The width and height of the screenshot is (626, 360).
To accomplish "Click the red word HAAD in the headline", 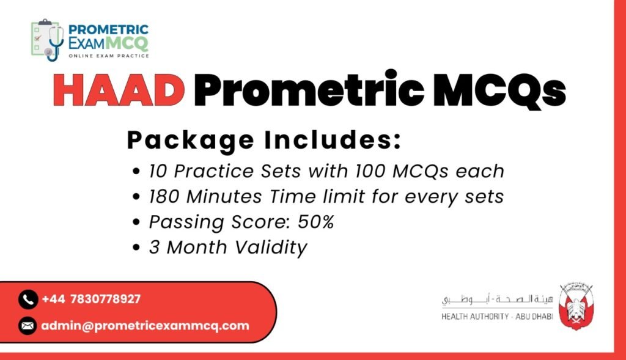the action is [x=119, y=90].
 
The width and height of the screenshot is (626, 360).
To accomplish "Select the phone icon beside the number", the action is [x=28, y=299].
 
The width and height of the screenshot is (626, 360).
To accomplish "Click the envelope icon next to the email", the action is [x=28, y=326].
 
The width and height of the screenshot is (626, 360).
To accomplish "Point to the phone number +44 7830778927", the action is [x=91, y=299].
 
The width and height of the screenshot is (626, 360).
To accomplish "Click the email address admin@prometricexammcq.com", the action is [x=145, y=326].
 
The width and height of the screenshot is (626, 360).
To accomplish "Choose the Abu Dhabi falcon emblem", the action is [x=575, y=306].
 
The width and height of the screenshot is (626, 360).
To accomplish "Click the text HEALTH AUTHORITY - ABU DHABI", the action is [x=497, y=317].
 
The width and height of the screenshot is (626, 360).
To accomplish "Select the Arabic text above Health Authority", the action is [x=497, y=299].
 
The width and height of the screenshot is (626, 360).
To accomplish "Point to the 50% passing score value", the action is [x=316, y=221].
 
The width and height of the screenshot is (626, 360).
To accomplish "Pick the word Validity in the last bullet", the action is [x=271, y=248].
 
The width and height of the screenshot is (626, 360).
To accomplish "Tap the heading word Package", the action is [x=191, y=141].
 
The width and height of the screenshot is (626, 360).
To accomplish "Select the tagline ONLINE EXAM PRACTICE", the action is [x=109, y=56].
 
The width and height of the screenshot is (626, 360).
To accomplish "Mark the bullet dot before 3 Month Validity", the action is [x=136, y=248].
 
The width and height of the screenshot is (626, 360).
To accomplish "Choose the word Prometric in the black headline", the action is [x=309, y=90].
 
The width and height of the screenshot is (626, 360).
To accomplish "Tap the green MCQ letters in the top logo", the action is [x=127, y=42].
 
